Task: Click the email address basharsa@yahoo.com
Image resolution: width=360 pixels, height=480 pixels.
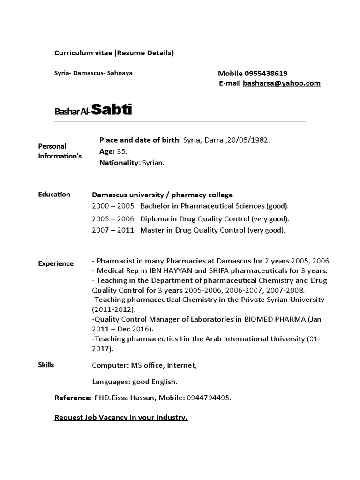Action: tap(282, 83)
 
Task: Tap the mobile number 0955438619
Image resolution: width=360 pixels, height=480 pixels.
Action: tap(266, 73)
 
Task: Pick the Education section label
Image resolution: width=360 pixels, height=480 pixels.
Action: tap(54, 195)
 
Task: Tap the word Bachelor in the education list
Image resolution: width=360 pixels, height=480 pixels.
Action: tap(156, 206)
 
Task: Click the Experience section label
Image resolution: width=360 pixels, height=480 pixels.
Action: tap(56, 263)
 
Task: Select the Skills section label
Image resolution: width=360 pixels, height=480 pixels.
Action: tap(46, 365)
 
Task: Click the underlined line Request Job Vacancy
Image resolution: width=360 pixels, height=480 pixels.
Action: tap(121, 417)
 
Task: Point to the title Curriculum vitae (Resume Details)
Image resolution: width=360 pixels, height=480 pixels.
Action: tap(114, 53)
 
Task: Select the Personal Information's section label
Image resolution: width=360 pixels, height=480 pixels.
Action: tap(60, 151)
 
